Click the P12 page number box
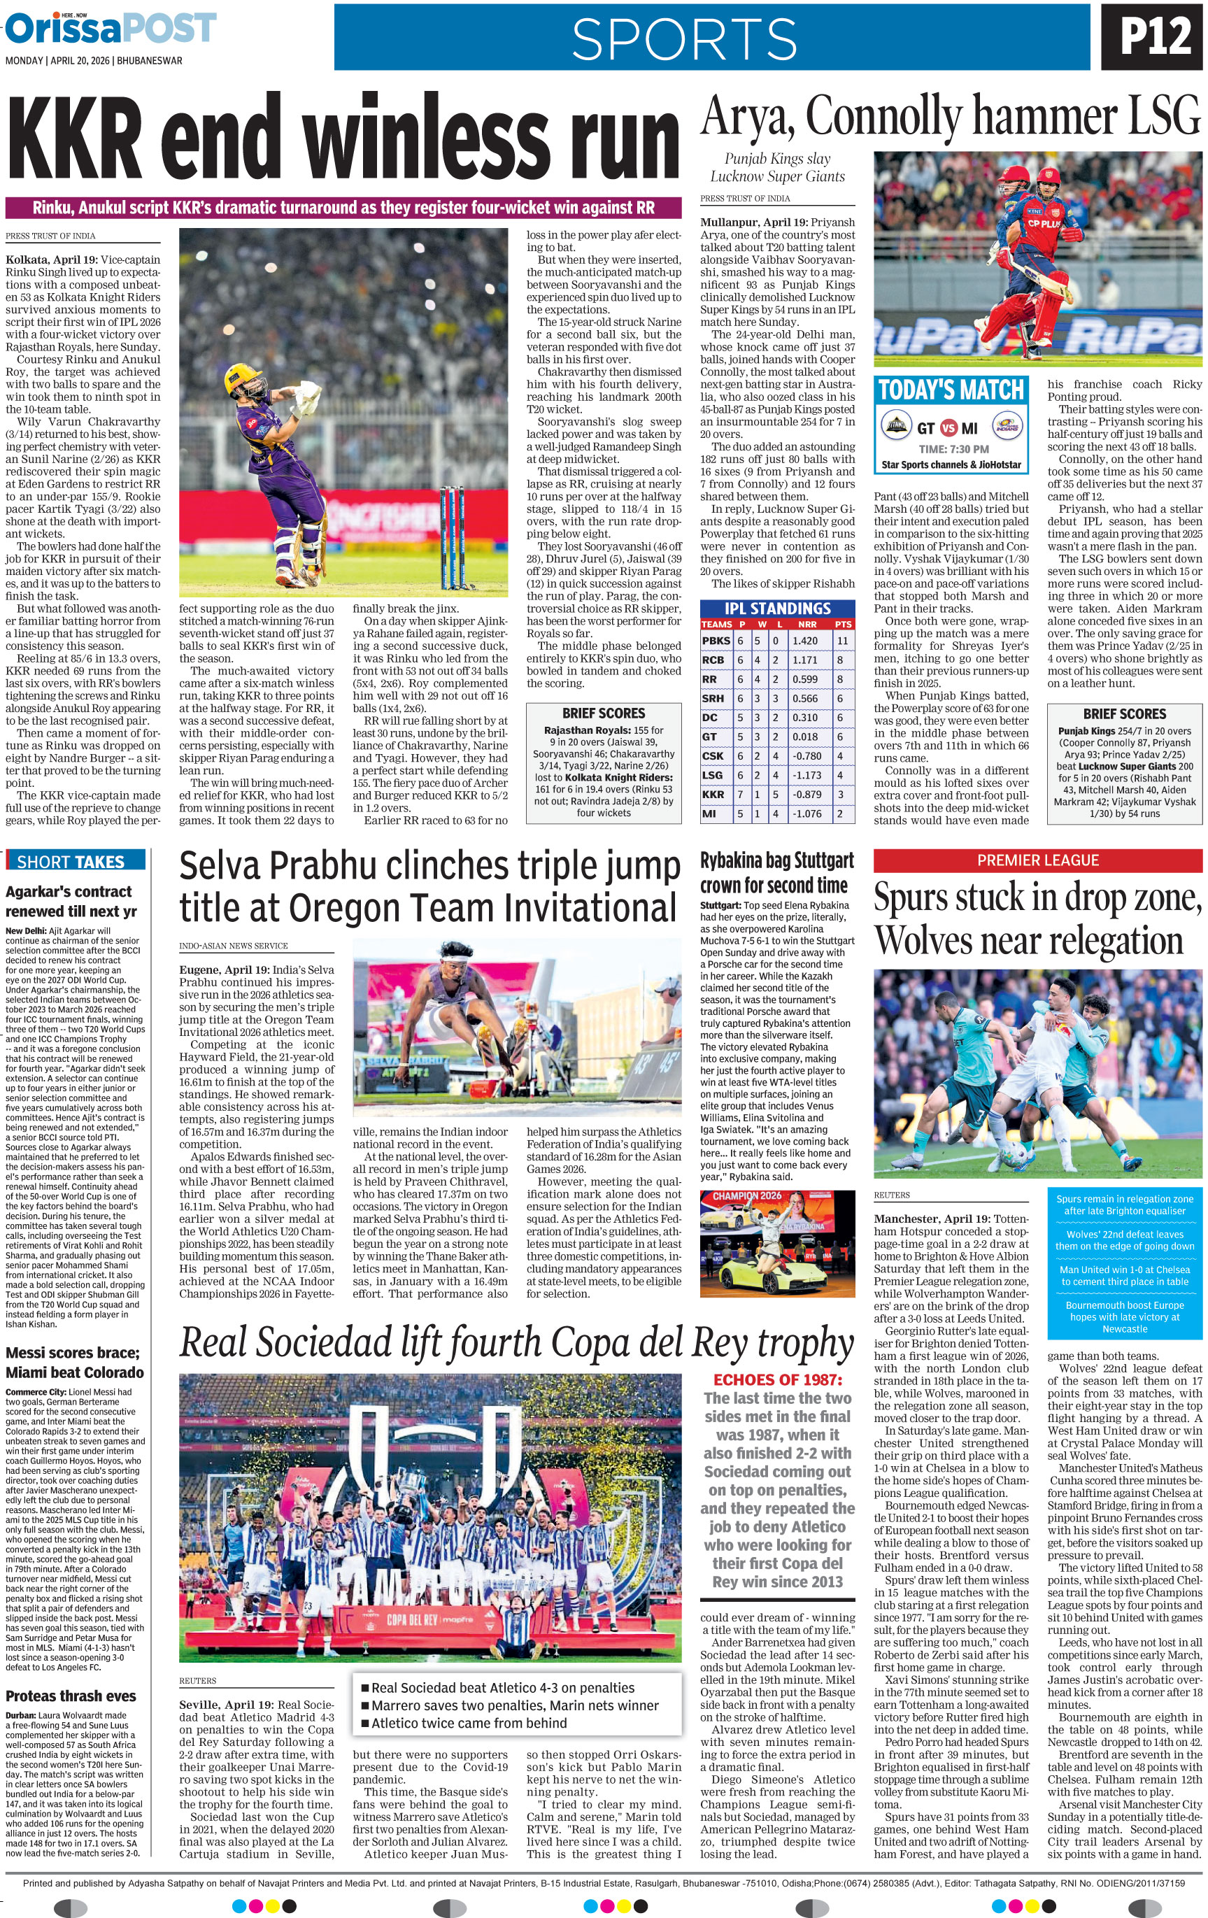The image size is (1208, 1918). pyautogui.click(x=1155, y=36)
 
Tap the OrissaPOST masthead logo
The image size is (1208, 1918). pyautogui.click(x=111, y=29)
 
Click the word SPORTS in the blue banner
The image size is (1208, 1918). pyautogui.click(x=683, y=38)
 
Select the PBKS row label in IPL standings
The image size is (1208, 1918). pyautogui.click(x=716, y=641)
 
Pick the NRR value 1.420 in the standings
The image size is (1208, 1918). pyautogui.click(x=805, y=641)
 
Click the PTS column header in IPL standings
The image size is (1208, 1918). pyautogui.click(x=842, y=625)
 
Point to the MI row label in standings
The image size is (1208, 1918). pyautogui.click(x=709, y=814)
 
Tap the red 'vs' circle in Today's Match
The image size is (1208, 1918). pyautogui.click(x=948, y=427)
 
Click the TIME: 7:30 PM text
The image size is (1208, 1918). pyautogui.click(x=953, y=449)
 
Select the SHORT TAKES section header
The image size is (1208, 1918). pyautogui.click(x=70, y=862)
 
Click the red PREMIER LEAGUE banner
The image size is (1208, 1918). pyautogui.click(x=1037, y=860)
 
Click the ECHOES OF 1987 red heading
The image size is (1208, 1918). pyautogui.click(x=777, y=1379)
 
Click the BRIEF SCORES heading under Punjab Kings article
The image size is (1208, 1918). pyautogui.click(x=1123, y=713)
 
